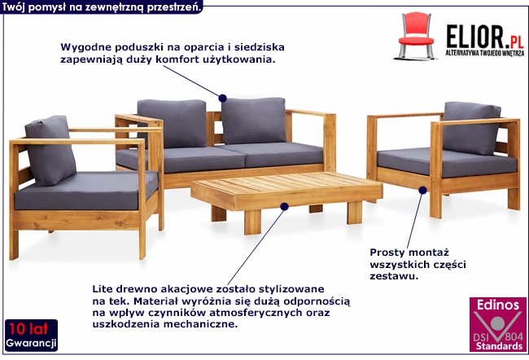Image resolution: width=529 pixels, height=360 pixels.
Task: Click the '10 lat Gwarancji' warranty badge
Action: pyautogui.click(x=31, y=335)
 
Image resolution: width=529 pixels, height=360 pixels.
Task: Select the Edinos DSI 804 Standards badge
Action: pyautogui.click(x=498, y=324)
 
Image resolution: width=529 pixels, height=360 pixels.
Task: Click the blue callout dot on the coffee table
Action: pyautogui.click(x=284, y=206)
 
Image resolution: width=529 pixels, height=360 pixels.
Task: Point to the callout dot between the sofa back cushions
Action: pyautogui.click(x=222, y=98)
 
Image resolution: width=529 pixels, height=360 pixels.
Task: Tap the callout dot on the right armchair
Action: pyautogui.click(x=422, y=190)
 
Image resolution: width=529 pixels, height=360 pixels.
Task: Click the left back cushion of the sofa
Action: pyautogui.click(x=172, y=123)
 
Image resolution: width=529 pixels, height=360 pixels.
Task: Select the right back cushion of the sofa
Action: pyautogui.click(x=254, y=121)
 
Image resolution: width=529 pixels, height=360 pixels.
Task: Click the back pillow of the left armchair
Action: pyautogui.click(x=50, y=151)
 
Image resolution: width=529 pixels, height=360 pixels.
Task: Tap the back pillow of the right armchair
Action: pyautogui.click(x=471, y=128)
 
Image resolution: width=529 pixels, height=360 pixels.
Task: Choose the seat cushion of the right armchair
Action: pyautogui.click(x=447, y=162)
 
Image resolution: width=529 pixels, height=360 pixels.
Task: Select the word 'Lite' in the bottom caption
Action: pyautogui.click(x=103, y=289)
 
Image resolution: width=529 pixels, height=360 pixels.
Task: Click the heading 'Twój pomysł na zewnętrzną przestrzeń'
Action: pyautogui.click(x=101, y=7)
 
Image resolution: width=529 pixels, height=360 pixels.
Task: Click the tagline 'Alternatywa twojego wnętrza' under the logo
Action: pyautogui.click(x=485, y=53)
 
